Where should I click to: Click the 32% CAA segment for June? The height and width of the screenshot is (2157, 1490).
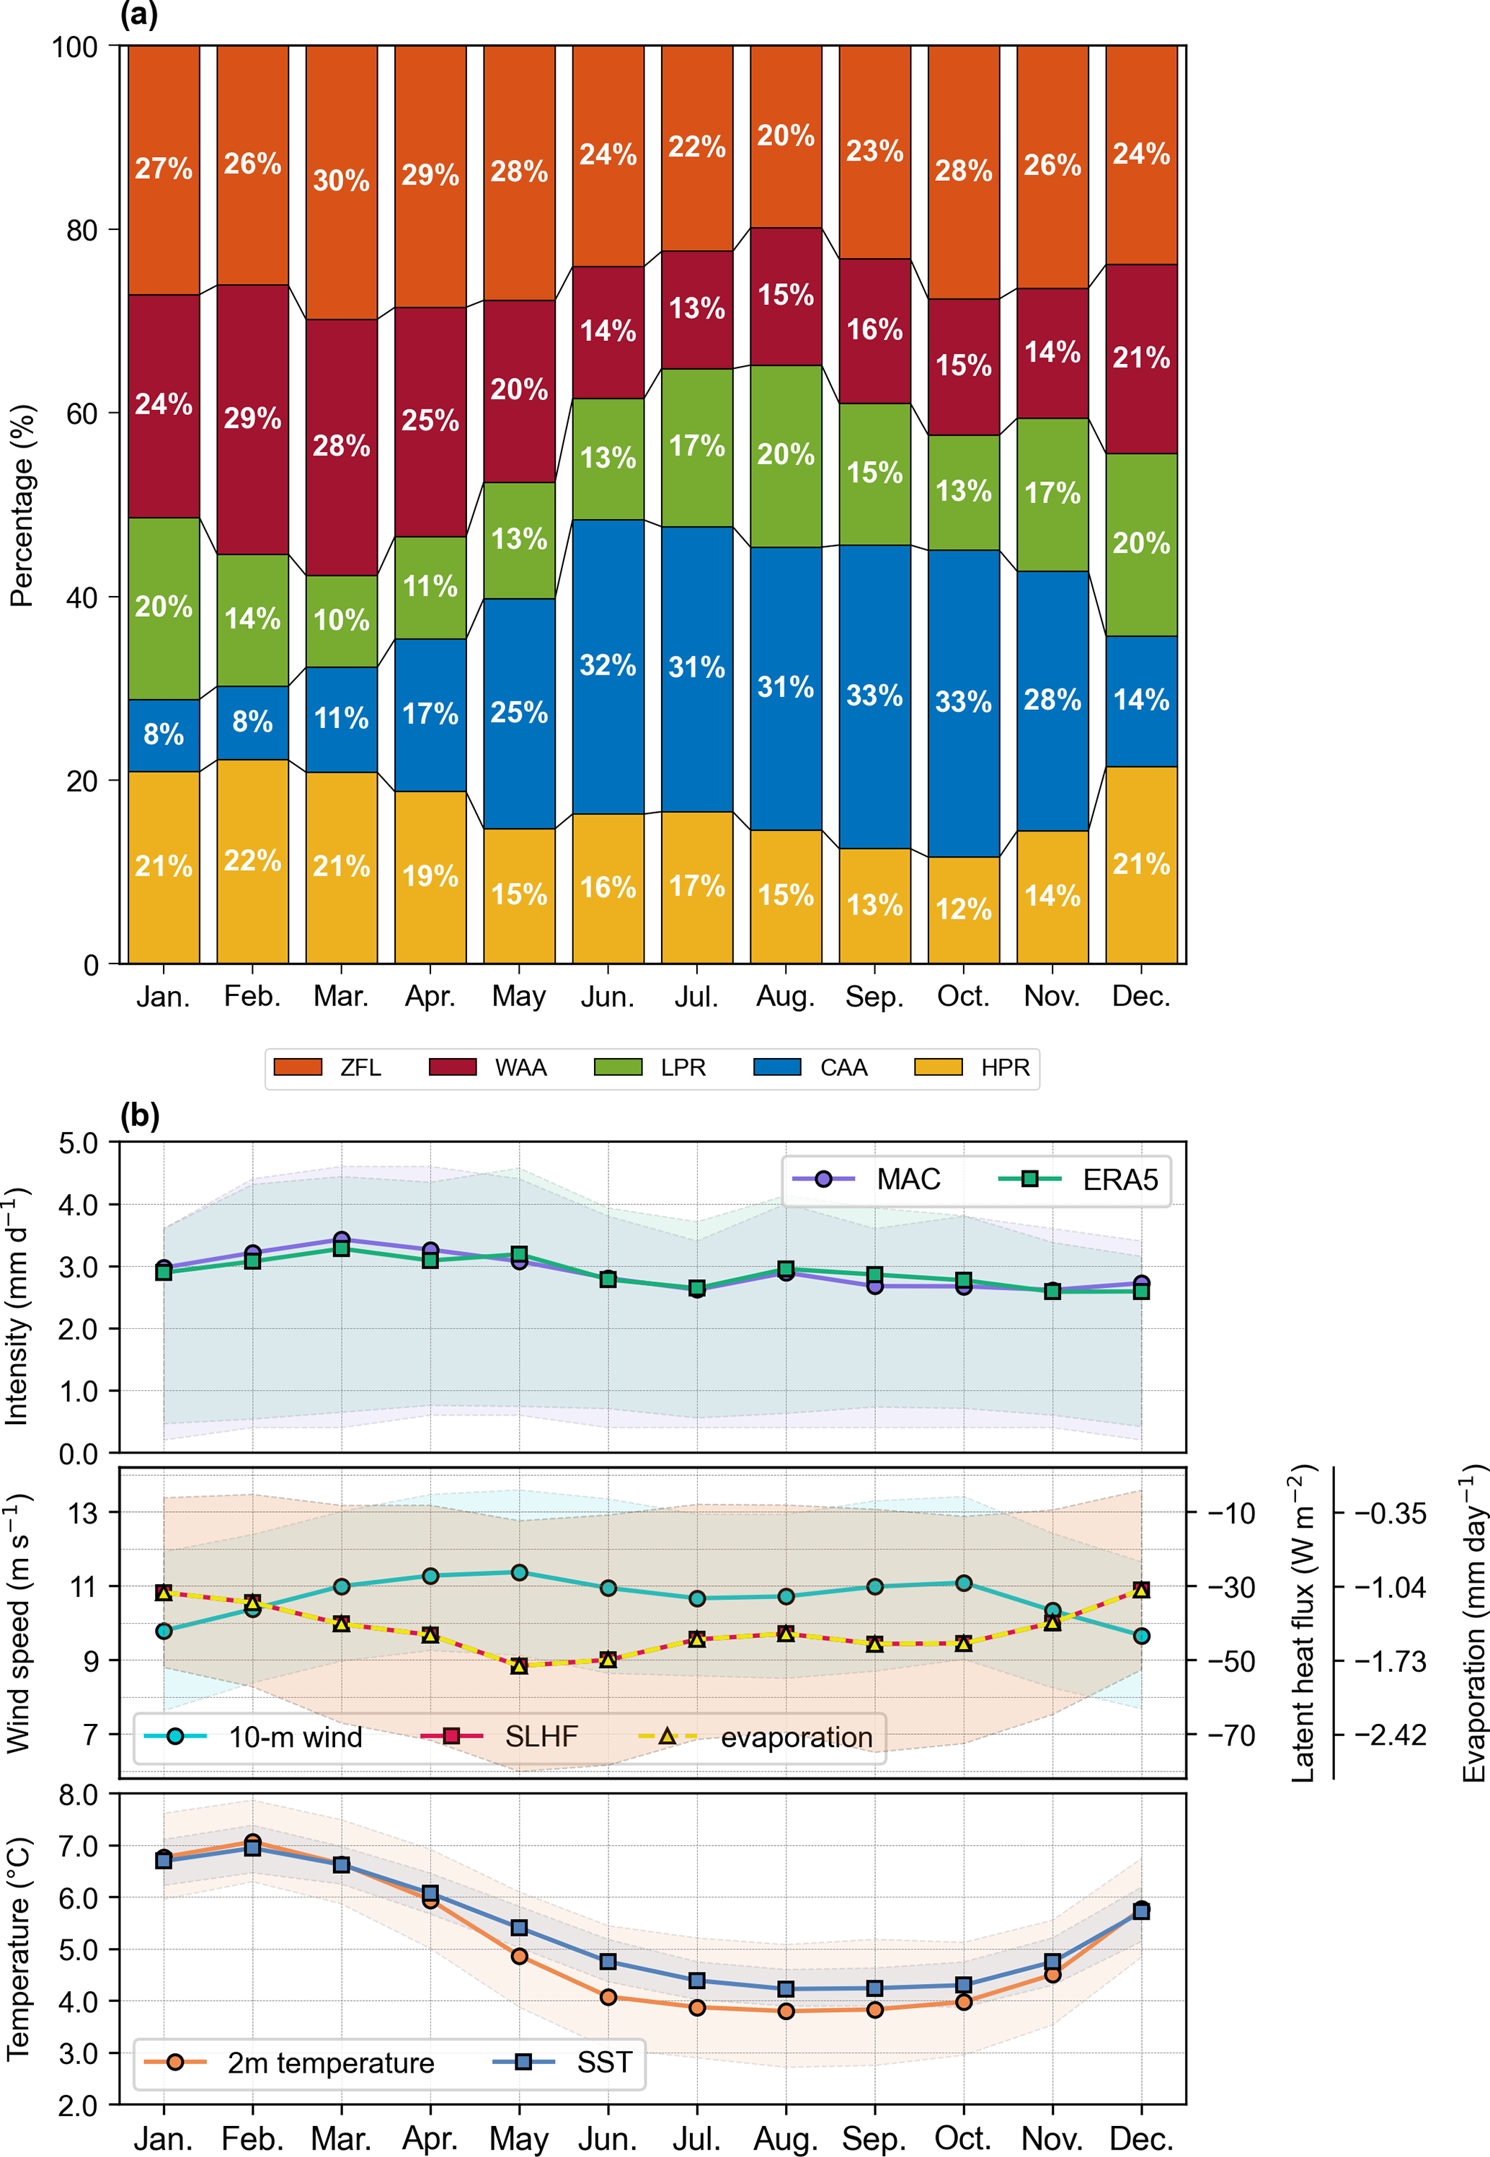pyautogui.click(x=608, y=665)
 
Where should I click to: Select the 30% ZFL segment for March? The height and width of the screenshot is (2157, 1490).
pyautogui.click(x=342, y=181)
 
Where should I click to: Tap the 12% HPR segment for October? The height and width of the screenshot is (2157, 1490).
pyautogui.click(x=964, y=909)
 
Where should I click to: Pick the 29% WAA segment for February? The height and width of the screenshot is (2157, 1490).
pyautogui.click(x=252, y=418)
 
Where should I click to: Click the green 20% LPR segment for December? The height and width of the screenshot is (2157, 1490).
pyautogui.click(x=1141, y=543)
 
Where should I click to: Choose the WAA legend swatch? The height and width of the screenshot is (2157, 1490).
pyautogui.click(x=453, y=1067)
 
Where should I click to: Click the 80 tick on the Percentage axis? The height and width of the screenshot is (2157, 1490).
pyautogui.click(x=82, y=230)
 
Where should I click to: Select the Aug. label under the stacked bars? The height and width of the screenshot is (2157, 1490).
pyautogui.click(x=785, y=997)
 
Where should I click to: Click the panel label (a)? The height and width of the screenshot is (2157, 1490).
pyautogui.click(x=139, y=15)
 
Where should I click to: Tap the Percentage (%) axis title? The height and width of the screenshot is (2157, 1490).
pyautogui.click(x=22, y=505)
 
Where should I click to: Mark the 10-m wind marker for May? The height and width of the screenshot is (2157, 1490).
pyautogui.click(x=519, y=1573)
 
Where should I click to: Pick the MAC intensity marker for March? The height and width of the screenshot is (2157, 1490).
pyautogui.click(x=342, y=1240)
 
